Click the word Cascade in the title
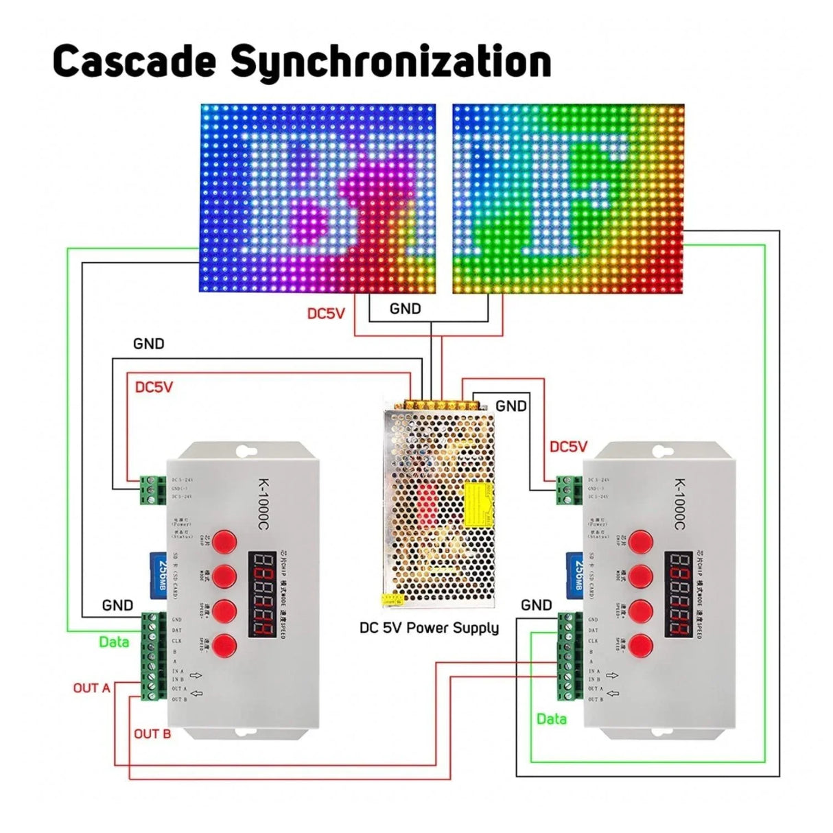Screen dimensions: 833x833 [x=134, y=61]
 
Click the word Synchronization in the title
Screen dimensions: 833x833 [x=390, y=62]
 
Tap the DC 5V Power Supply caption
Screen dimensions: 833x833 [x=429, y=628]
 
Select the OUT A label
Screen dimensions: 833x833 [x=91, y=688]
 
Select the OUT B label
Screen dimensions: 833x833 [x=152, y=734]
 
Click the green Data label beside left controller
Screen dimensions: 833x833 [x=114, y=642]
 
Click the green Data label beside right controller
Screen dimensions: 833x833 [x=552, y=718]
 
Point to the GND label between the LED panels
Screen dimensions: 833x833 [x=405, y=309]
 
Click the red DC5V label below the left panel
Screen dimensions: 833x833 [x=326, y=314]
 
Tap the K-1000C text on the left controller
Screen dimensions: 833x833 [x=265, y=504]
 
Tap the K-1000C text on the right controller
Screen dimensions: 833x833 [x=679, y=504]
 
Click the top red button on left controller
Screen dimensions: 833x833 [x=224, y=541]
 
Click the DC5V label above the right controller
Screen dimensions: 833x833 [x=568, y=447]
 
